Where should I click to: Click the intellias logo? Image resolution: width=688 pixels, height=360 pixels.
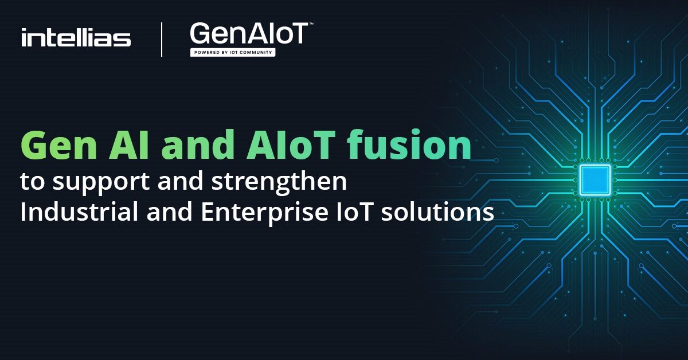click(76, 38)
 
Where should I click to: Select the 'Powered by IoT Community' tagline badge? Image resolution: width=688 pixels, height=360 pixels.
click(232, 52)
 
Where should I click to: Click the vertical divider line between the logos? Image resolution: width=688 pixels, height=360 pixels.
click(162, 39)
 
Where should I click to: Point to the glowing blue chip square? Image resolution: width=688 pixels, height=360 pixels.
click(595, 179)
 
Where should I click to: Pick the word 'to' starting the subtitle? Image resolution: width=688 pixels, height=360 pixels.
click(30, 183)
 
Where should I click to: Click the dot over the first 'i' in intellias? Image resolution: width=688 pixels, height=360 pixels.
click(24, 30)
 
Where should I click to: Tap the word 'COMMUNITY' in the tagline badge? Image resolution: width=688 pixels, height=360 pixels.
click(257, 52)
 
